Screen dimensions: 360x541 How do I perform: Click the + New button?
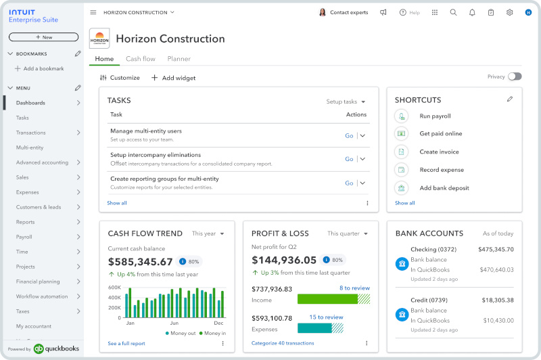(43, 37)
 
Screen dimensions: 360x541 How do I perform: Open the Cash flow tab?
(141, 59)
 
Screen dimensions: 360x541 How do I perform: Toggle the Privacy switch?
(515, 76)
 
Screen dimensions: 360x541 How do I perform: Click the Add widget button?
(173, 78)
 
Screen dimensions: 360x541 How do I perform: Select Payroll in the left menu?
(24, 237)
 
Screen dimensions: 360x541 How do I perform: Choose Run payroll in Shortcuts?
(435, 116)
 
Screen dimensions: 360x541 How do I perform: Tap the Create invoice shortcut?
(439, 152)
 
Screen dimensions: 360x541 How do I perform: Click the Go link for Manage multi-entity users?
(349, 135)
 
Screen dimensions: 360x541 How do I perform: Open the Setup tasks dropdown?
(346, 102)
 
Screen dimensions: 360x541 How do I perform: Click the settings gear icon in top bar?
(510, 12)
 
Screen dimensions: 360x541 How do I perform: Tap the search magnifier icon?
(454, 12)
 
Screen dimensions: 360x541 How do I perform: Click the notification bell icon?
(472, 12)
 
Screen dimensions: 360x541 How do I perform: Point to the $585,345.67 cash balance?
(141, 261)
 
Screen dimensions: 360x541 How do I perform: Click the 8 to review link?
(354, 288)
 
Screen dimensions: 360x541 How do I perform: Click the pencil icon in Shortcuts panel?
(510, 99)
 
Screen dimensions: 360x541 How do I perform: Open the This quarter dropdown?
(348, 233)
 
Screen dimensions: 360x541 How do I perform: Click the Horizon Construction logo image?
(99, 39)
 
